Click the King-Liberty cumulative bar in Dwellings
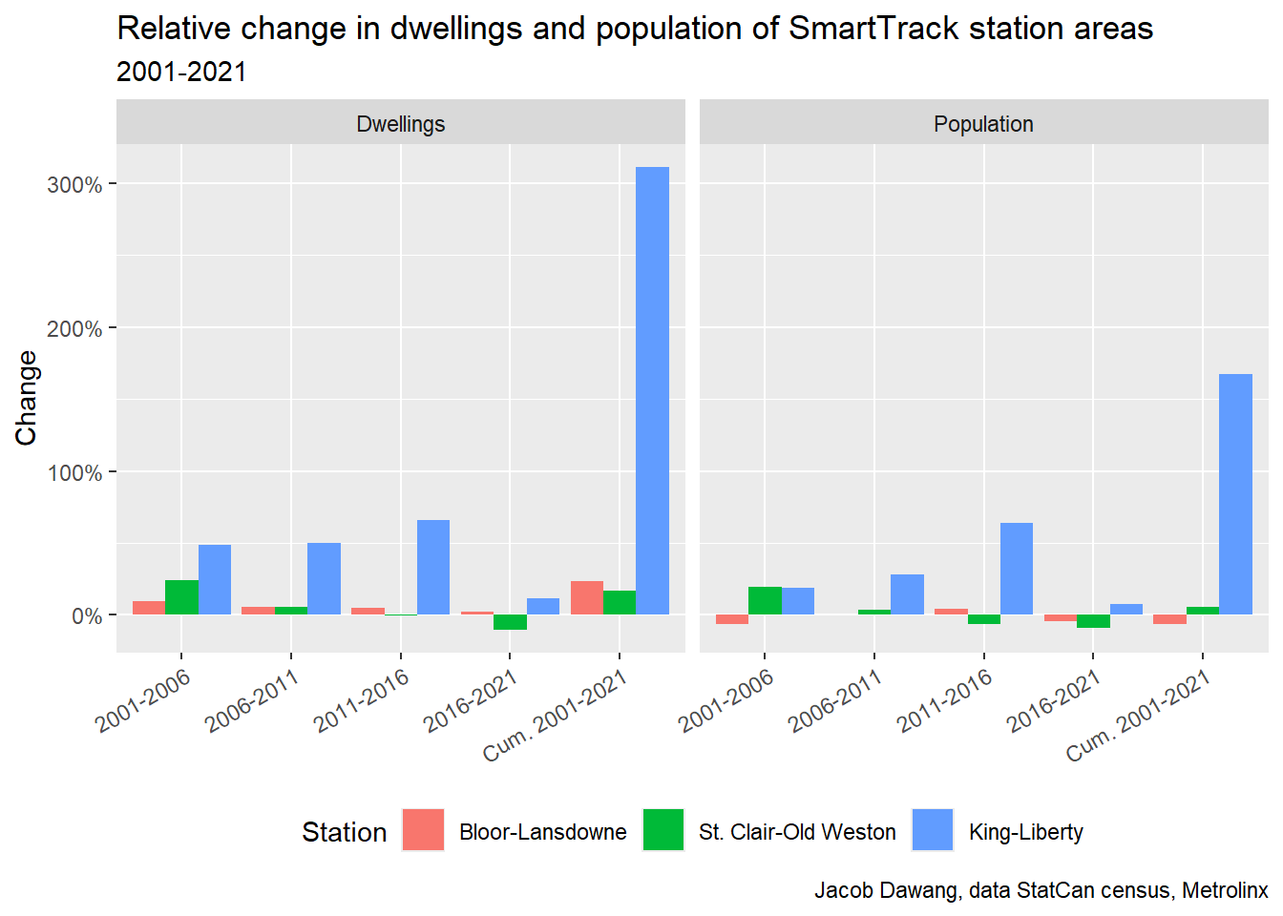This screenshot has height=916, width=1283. click(x=652, y=390)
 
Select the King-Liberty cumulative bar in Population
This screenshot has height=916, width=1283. click(x=1235, y=493)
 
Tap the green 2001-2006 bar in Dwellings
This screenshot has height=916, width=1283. click(x=181, y=596)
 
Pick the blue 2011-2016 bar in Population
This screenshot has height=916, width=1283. click(x=1017, y=568)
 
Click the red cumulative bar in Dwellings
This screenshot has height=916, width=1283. click(x=587, y=597)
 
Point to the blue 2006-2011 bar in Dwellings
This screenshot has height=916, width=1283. click(x=324, y=578)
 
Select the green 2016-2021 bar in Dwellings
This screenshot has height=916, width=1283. click(x=510, y=622)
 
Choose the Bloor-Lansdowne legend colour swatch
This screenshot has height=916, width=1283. click(x=423, y=830)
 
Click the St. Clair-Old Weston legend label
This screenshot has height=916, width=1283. click(x=797, y=832)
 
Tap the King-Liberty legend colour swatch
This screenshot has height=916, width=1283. click(x=933, y=830)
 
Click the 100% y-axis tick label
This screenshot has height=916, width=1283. click(x=74, y=473)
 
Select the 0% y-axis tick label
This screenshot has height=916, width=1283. click(x=86, y=616)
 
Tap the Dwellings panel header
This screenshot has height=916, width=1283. click(x=401, y=124)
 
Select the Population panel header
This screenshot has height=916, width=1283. click(x=983, y=124)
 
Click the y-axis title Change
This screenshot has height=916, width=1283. click(x=27, y=398)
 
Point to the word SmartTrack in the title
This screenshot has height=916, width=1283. click(x=873, y=29)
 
